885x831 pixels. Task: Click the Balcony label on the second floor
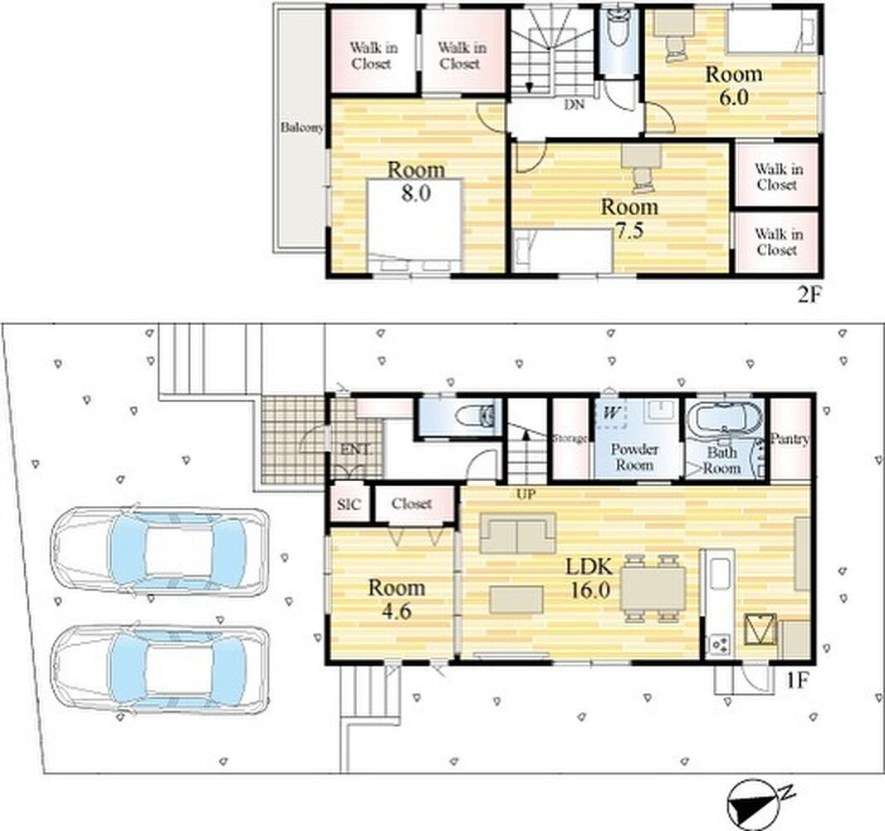click(x=302, y=128)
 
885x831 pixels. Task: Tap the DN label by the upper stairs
click(x=574, y=105)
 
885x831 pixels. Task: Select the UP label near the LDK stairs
click(x=526, y=494)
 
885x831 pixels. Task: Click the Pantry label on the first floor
click(x=790, y=439)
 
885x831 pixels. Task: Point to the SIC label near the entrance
click(x=348, y=504)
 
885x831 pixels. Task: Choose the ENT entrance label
click(x=355, y=450)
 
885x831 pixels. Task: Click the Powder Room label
click(x=634, y=458)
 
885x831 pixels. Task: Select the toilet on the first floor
click(x=475, y=416)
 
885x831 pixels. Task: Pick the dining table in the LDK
click(x=653, y=588)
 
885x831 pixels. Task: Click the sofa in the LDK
click(x=517, y=533)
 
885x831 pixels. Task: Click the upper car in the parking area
click(x=159, y=551)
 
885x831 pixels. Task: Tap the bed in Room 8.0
click(x=415, y=226)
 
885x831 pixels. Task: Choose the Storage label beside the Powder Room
click(x=570, y=438)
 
